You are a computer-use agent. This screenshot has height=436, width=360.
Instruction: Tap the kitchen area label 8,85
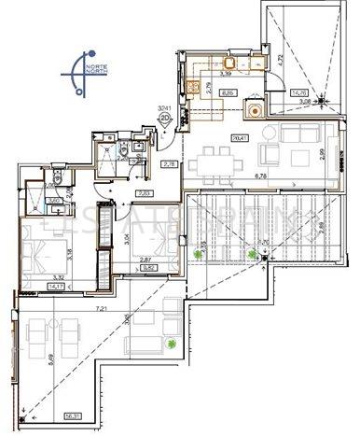[x=227, y=93]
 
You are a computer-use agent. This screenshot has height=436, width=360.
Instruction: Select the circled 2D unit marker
[x=165, y=119]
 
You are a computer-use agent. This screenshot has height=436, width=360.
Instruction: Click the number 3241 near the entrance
[x=165, y=108]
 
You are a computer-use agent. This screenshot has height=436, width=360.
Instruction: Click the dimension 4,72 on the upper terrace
[x=334, y=58]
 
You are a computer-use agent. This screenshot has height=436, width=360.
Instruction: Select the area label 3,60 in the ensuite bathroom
[x=54, y=200]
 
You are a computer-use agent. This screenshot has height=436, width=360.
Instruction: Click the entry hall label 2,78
[x=170, y=164]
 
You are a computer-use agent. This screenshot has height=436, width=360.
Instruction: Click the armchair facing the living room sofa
[x=268, y=154]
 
